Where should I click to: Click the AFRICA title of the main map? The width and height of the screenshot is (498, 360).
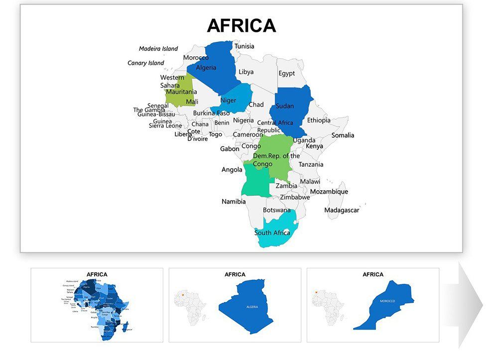click(x=241, y=25)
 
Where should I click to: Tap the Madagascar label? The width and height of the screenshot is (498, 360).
click(x=342, y=210)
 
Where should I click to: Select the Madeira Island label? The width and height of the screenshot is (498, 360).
click(x=158, y=49)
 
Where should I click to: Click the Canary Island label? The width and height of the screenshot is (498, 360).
click(x=146, y=63)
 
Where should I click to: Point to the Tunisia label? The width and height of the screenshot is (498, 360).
click(x=245, y=46)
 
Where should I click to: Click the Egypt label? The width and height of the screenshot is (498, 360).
click(x=286, y=74)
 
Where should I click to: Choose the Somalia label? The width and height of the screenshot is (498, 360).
click(x=343, y=135)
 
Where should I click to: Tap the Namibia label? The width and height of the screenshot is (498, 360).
click(x=234, y=202)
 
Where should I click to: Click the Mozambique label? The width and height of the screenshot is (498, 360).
click(x=329, y=192)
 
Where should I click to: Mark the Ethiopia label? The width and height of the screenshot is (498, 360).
click(x=319, y=120)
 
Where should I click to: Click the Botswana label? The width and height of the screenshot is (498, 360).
click(x=276, y=210)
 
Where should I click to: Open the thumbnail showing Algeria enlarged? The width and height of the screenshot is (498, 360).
click(x=235, y=305)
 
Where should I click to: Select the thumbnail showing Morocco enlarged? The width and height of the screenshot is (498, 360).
click(x=373, y=305)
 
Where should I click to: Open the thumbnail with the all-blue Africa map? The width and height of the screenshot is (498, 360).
click(x=97, y=305)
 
